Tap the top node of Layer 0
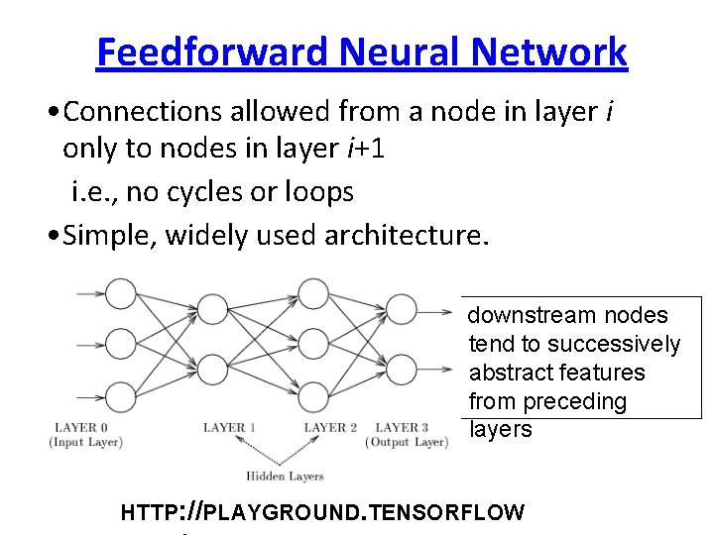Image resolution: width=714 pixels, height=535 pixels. tap(120, 293)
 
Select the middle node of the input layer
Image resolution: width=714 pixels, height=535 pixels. tap(120, 343)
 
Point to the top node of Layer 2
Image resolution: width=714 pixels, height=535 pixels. tap(313, 293)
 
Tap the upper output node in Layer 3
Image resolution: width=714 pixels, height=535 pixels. tap(402, 311)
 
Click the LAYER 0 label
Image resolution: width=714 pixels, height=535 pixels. tap(81, 427)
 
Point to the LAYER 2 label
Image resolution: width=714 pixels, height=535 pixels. tap(331, 427)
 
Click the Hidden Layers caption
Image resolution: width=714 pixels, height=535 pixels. tap(285, 477)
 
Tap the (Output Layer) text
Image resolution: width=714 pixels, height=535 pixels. tap(408, 442)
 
